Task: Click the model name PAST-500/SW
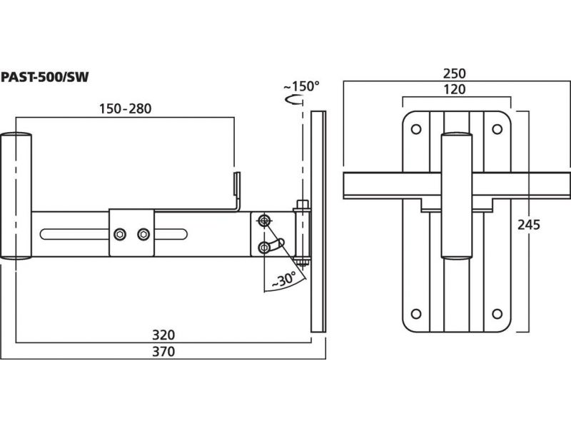coord(44,77)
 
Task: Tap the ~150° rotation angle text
coord(301,86)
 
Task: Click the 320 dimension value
coord(163,334)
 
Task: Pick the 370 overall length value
coord(163,351)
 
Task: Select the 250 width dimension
coord(454,73)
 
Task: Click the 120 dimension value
coord(454,90)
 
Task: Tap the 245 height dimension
coord(529,225)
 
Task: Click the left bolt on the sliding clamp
coord(119,233)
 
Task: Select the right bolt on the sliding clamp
coord(144,233)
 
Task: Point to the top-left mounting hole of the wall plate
coord(415,128)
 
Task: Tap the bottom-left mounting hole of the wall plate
coord(415,312)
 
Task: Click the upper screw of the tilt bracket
coord(265,220)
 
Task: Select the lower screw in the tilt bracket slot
coord(265,247)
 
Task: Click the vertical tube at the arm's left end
coord(15,195)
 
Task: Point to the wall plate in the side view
coord(318,221)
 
